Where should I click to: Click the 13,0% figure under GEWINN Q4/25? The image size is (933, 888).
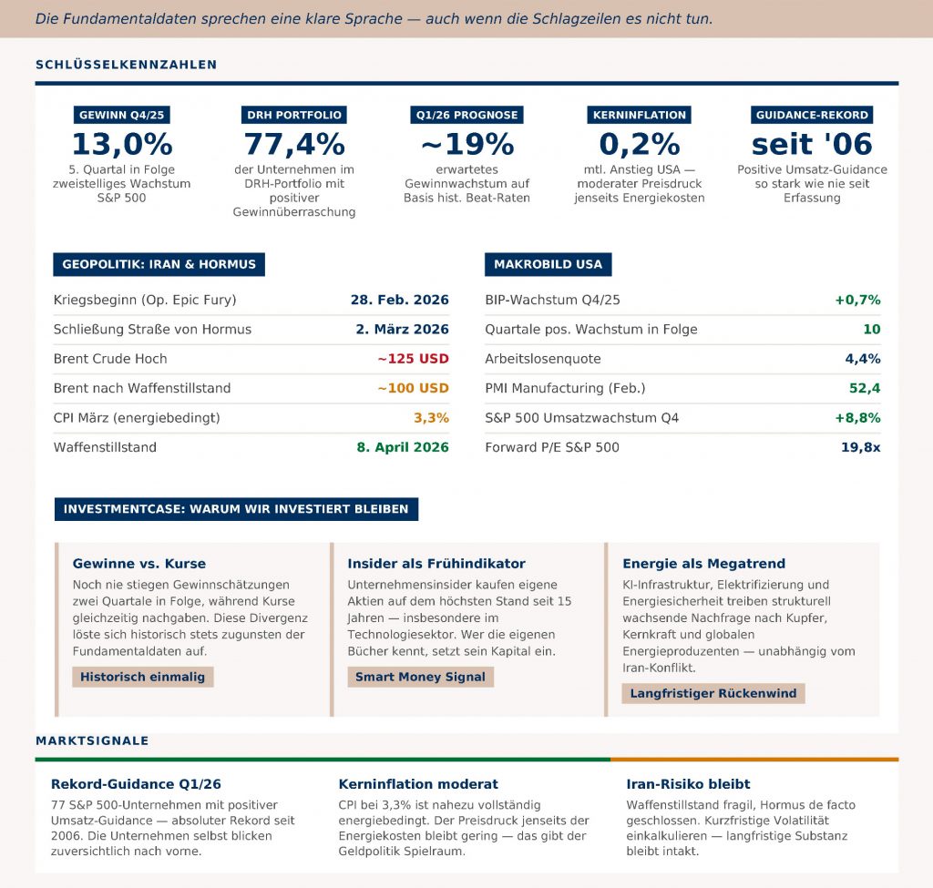(x=122, y=144)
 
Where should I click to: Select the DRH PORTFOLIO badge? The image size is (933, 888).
(x=294, y=115)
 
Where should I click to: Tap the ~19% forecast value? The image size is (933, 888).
(x=466, y=144)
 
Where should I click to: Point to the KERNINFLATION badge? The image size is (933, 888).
(x=639, y=115)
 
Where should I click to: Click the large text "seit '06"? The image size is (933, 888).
(x=812, y=144)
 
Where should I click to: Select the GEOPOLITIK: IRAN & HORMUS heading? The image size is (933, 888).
(x=159, y=265)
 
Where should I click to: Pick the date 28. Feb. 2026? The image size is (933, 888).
(x=399, y=300)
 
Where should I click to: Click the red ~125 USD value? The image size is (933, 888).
(x=413, y=359)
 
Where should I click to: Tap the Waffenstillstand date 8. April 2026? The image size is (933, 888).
(x=403, y=447)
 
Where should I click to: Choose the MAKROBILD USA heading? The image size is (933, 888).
(x=548, y=265)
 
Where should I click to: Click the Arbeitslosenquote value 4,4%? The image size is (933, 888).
(x=863, y=359)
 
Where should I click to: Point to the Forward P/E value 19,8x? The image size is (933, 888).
(x=860, y=447)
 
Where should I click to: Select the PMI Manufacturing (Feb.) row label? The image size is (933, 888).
(x=565, y=388)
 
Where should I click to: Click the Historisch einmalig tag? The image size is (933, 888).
(x=143, y=677)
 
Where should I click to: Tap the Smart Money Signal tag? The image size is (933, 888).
(x=420, y=677)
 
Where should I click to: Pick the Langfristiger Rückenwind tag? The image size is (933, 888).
(x=713, y=693)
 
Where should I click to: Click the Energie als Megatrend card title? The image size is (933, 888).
(x=703, y=564)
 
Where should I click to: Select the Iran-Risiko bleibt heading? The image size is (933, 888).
(x=688, y=784)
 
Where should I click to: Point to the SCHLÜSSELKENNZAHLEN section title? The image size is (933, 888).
(x=126, y=65)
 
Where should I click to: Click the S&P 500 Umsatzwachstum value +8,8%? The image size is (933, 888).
(x=857, y=418)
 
